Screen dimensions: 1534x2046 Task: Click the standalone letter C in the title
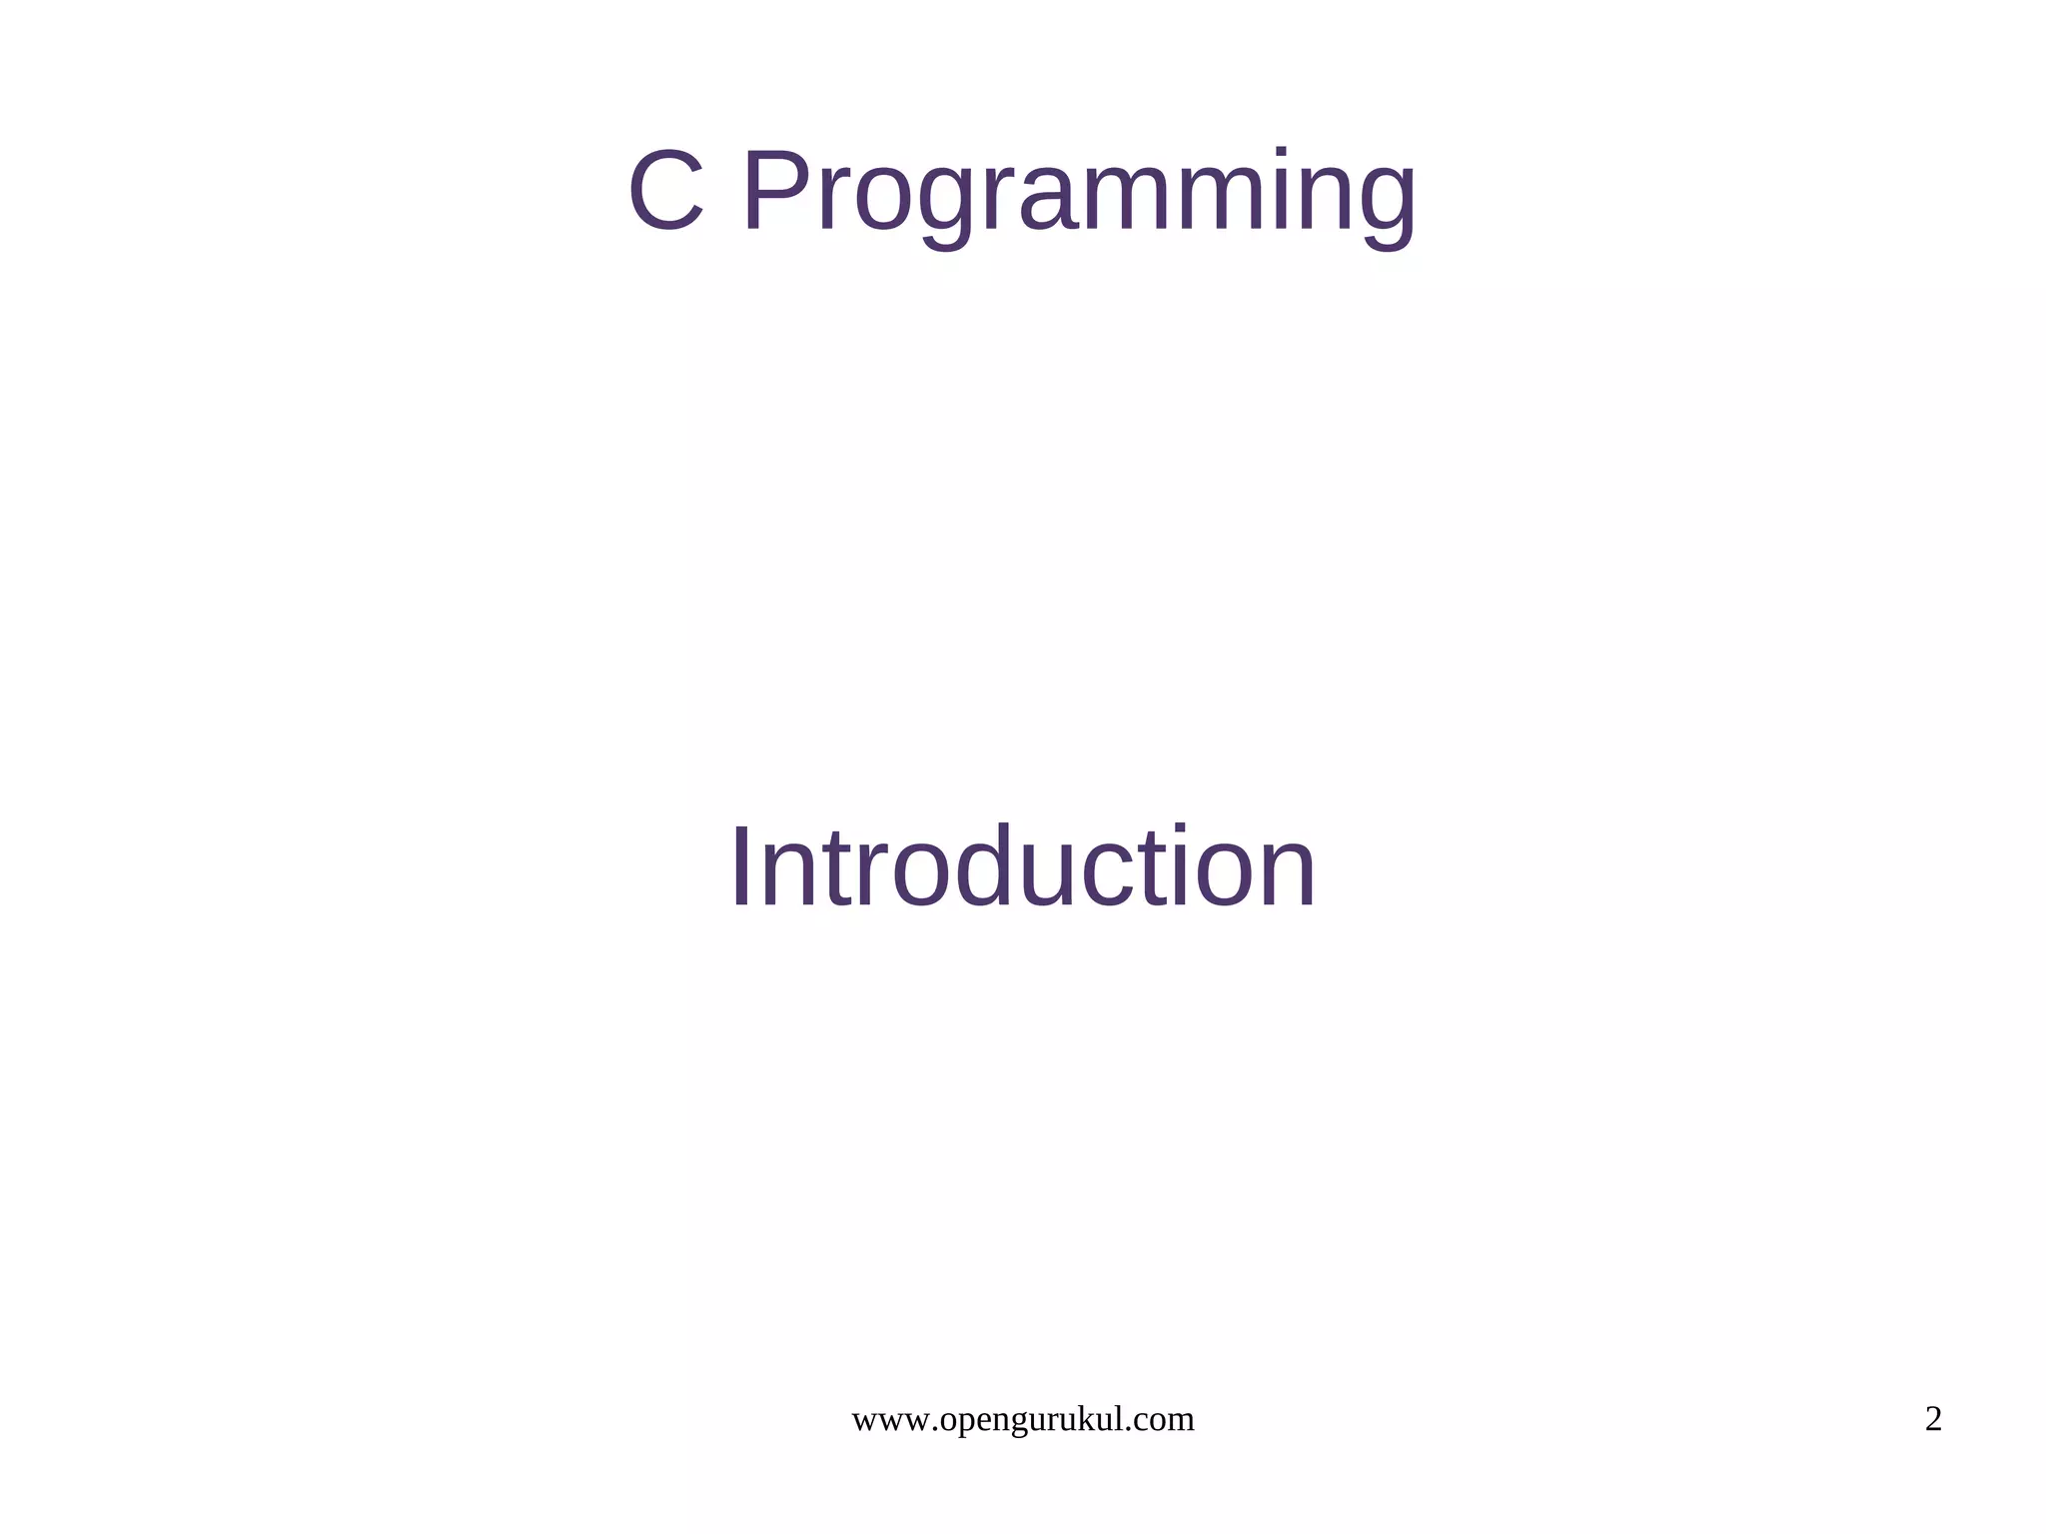[x=666, y=191]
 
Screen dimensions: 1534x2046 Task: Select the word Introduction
[x=1023, y=866]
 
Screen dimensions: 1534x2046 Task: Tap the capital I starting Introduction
[x=741, y=866]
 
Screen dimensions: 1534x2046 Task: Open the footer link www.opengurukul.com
[x=1022, y=1419]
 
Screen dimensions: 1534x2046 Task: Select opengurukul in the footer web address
[x=1034, y=1421]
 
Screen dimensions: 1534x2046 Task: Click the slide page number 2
[x=1933, y=1419]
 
